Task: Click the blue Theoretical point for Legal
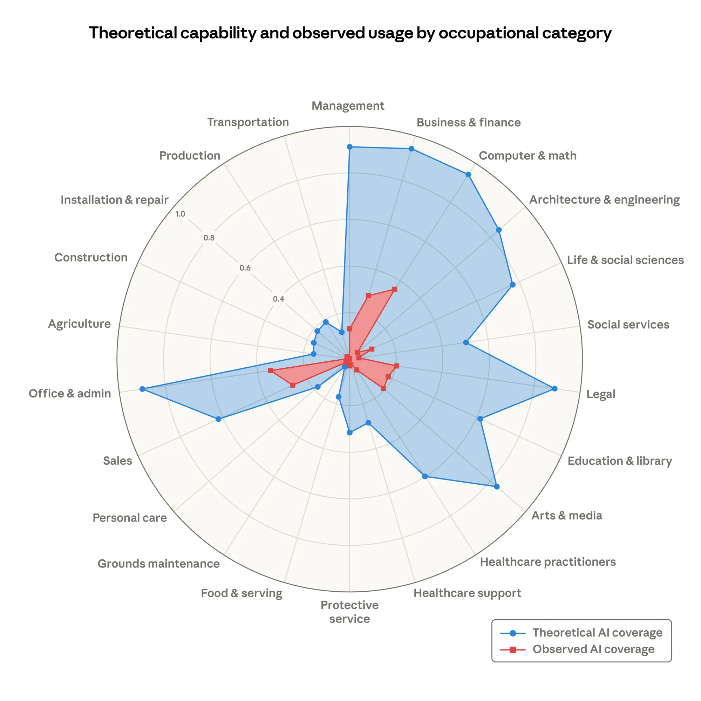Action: click(554, 389)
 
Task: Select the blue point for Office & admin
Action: click(142, 389)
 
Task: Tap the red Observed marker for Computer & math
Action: click(395, 289)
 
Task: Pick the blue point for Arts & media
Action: click(497, 486)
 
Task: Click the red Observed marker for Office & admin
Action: click(270, 370)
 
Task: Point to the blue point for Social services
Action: click(466, 342)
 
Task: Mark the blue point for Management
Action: click(349, 147)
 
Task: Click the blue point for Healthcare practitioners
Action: click(425, 476)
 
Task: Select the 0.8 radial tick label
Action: click(209, 238)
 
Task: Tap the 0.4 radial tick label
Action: click(279, 299)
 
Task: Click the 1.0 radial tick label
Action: click(180, 214)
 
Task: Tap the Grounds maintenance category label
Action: click(158, 564)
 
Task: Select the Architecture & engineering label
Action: click(604, 199)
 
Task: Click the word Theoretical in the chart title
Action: click(133, 33)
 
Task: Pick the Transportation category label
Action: click(248, 122)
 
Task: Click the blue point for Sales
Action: click(218, 419)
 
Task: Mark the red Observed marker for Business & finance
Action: click(368, 296)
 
